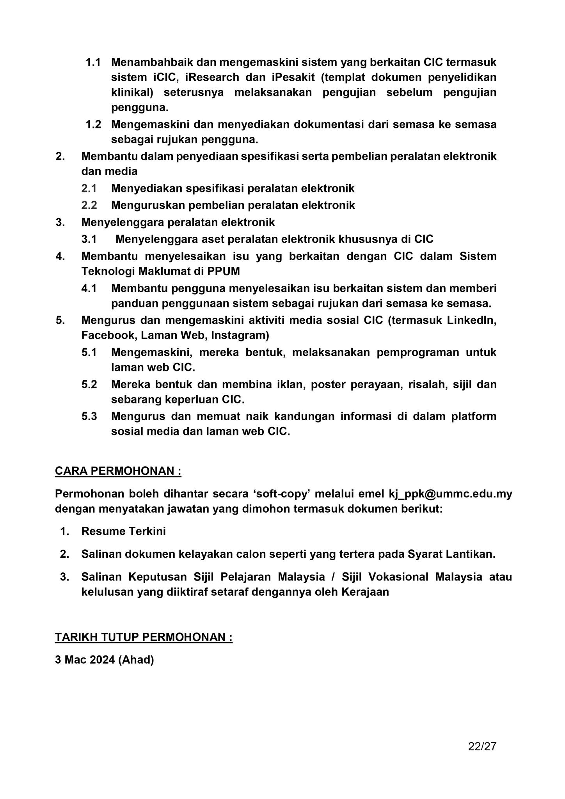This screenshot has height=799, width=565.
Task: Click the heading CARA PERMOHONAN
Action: click(118, 471)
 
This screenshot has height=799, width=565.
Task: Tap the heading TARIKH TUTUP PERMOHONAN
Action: click(144, 637)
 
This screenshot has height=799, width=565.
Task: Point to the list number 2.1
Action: click(89, 188)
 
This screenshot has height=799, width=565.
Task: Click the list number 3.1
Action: click(89, 239)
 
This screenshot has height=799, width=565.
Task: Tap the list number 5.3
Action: click(89, 416)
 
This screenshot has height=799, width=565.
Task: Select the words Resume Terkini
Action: click(123, 531)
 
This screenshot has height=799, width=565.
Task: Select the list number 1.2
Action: click(93, 124)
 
